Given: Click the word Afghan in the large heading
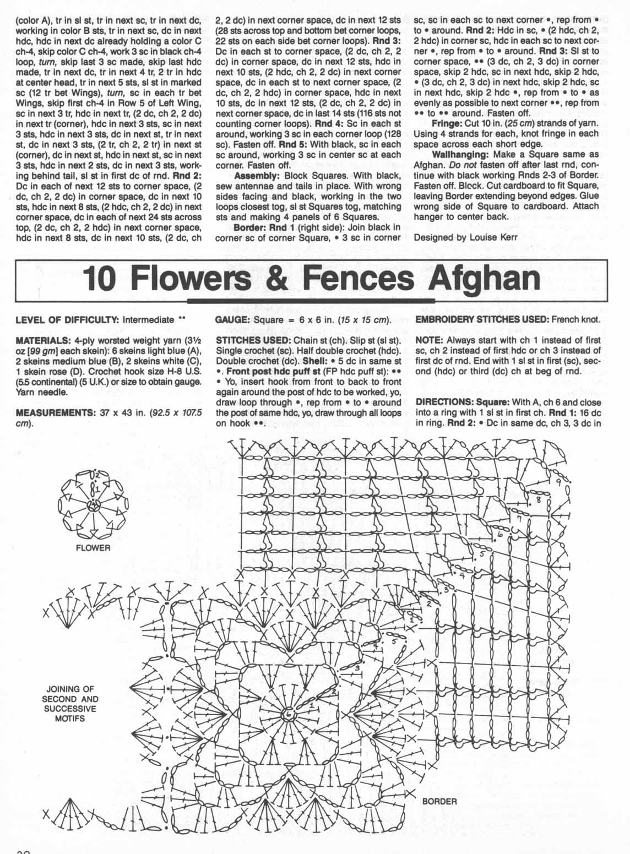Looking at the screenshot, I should [485, 280].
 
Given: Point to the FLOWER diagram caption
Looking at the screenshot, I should [94, 548].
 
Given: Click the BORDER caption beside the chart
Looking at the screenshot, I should [439, 801].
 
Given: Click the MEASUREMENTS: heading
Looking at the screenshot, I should [50, 412].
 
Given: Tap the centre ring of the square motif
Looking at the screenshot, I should [288, 714].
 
